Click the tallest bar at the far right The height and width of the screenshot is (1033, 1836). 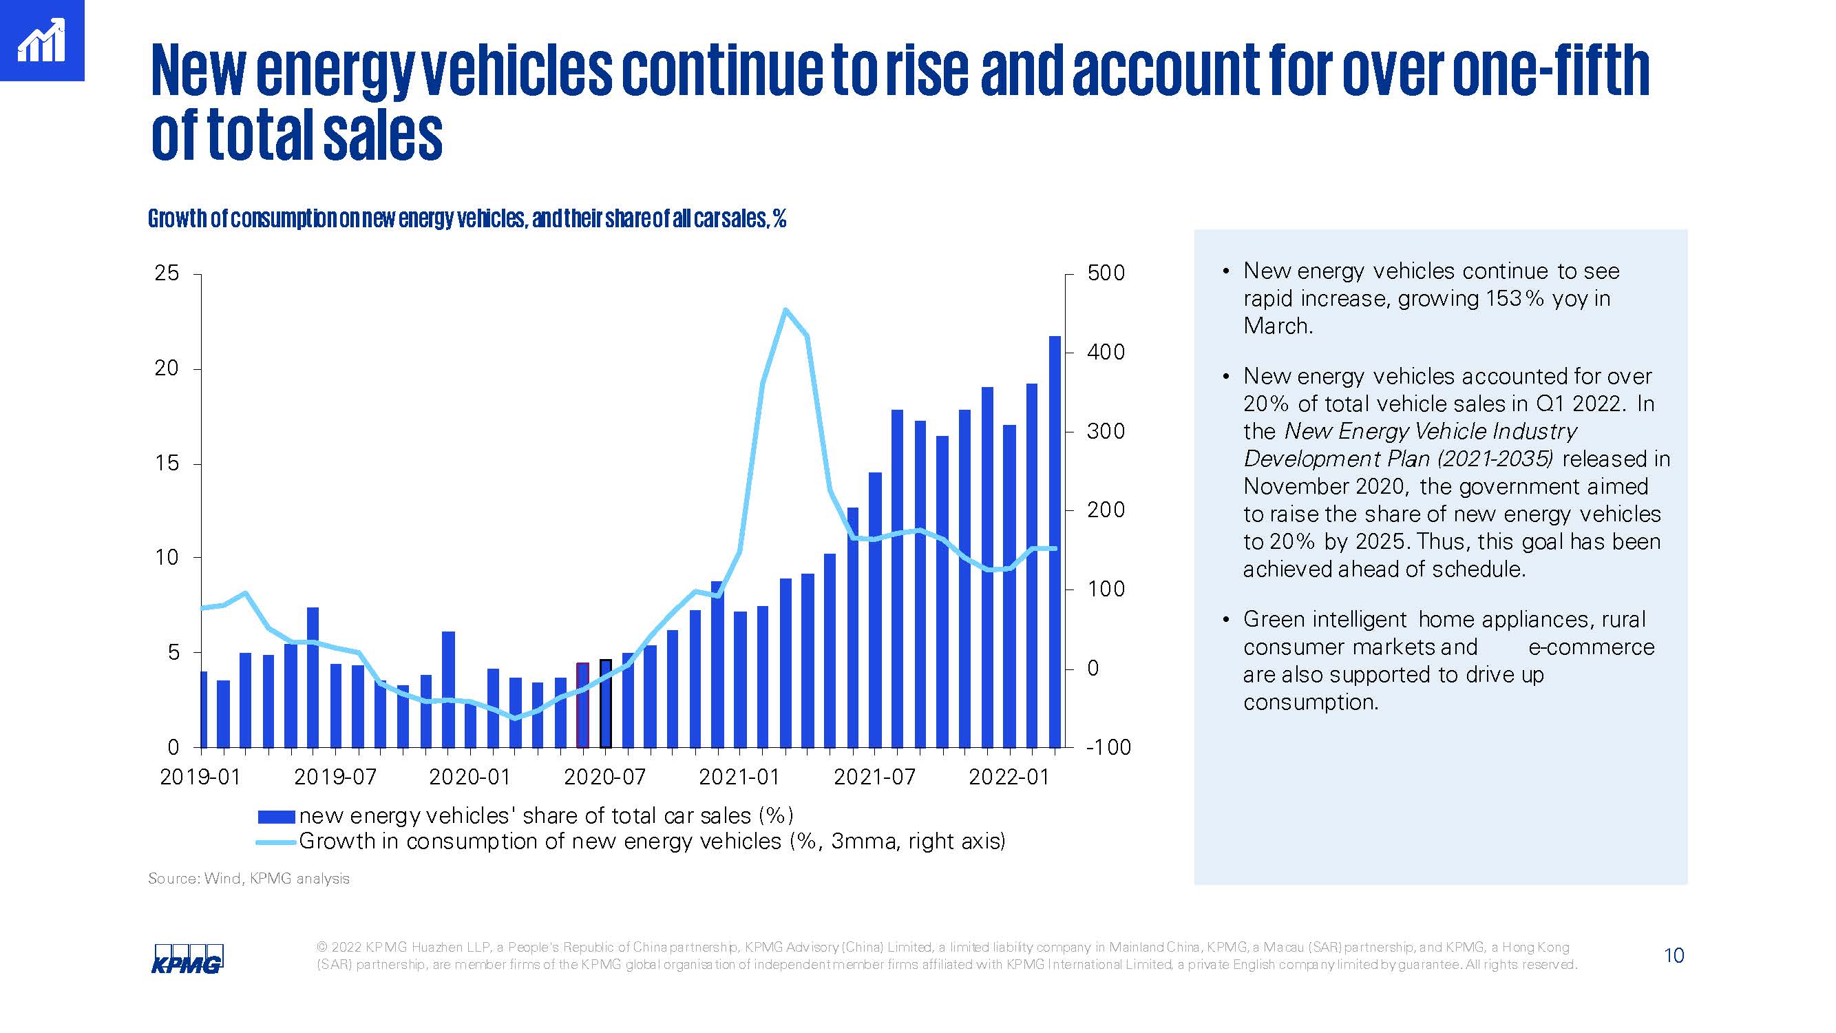pyautogui.click(x=1055, y=542)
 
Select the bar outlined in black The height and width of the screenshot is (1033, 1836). pyautogui.click(x=606, y=703)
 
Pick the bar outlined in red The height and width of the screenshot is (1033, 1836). pyautogui.click(x=583, y=705)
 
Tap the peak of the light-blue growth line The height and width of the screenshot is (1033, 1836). pyautogui.click(x=785, y=310)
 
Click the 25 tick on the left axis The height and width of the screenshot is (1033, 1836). pyautogui.click(x=167, y=273)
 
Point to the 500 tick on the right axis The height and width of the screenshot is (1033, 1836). pyautogui.click(x=1106, y=273)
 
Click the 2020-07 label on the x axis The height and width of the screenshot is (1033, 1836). pyautogui.click(x=604, y=776)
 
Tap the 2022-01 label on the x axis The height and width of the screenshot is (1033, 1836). pyautogui.click(x=1009, y=776)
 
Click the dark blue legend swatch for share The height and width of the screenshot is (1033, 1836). pyautogui.click(x=276, y=816)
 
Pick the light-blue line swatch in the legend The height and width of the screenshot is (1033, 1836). pyautogui.click(x=276, y=842)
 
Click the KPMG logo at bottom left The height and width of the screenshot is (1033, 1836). pyautogui.click(x=187, y=959)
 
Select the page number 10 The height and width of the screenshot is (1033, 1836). pyautogui.click(x=1674, y=955)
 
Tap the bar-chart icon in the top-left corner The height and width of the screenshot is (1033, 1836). pyautogui.click(x=41, y=41)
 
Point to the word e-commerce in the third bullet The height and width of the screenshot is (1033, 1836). pyautogui.click(x=1591, y=647)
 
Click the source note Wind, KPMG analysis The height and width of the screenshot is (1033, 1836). pyautogui.click(x=277, y=878)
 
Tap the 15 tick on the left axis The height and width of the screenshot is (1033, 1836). pyautogui.click(x=167, y=463)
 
